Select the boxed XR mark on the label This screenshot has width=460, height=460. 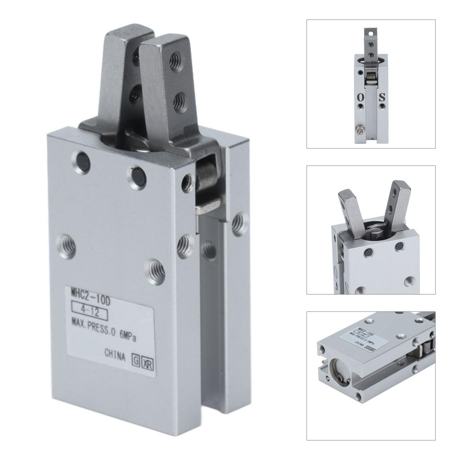pyautogui.click(x=147, y=364)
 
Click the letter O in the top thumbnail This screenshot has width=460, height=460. pyautogui.click(x=361, y=97)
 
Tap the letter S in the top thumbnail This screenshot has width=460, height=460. pyautogui.click(x=382, y=97)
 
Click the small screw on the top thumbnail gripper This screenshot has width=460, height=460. pyautogui.click(x=360, y=130)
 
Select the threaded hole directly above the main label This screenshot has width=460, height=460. pyautogui.click(x=154, y=271)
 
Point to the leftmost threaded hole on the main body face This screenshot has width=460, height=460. pyautogui.click(x=66, y=247)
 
